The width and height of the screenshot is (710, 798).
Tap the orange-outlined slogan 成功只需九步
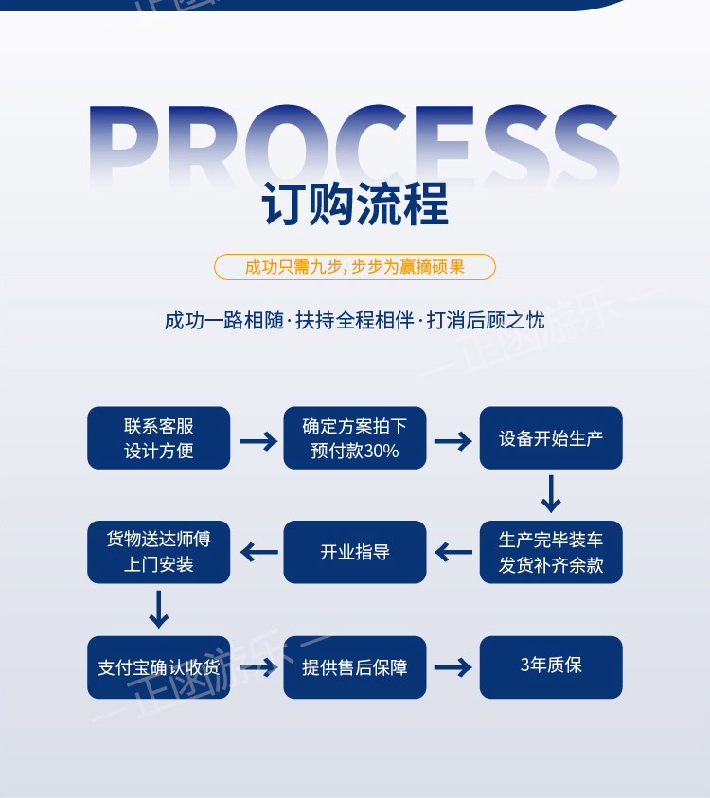(355, 267)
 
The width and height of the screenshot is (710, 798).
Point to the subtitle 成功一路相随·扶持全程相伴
(355, 320)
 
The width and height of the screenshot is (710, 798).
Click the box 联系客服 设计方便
(159, 438)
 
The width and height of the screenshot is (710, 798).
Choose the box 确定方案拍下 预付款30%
(355, 438)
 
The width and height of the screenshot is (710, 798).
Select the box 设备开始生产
(551, 438)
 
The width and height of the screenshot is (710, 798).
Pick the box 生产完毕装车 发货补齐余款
(551, 552)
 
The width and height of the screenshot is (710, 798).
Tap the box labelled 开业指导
(355, 552)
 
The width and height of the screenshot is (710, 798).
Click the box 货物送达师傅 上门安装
(159, 552)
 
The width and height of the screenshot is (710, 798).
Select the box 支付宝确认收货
(159, 667)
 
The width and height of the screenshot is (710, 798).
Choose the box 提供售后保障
(355, 667)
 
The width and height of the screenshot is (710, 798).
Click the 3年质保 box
(551, 667)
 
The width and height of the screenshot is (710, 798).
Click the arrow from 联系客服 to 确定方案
(257, 440)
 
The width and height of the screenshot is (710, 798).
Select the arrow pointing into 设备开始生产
(453, 440)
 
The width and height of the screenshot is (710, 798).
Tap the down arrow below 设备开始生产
(551, 493)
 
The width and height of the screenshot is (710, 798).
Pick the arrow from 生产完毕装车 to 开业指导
(453, 552)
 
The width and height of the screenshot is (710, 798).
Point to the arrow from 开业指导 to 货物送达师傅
(257, 552)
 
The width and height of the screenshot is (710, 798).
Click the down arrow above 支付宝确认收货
(159, 609)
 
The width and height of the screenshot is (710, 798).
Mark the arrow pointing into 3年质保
(453, 667)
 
